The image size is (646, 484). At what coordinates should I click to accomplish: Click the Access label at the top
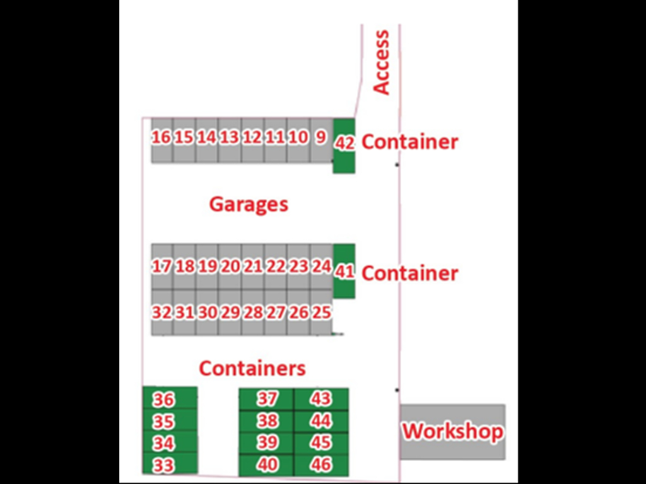(382, 62)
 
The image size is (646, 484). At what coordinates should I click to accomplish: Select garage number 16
(161, 137)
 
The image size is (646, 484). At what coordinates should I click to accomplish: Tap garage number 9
(320, 137)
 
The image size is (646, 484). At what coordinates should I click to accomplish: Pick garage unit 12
(252, 137)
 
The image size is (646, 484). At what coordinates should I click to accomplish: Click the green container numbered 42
(344, 144)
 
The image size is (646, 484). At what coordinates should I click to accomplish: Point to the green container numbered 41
(344, 272)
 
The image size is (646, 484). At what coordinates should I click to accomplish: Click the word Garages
(249, 204)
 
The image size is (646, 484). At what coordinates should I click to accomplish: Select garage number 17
(161, 267)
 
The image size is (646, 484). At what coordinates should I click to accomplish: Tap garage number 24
(321, 267)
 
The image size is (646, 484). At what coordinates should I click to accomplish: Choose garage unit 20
(230, 267)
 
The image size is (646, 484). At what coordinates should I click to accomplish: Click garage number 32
(161, 312)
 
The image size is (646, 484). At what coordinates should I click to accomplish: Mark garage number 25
(321, 312)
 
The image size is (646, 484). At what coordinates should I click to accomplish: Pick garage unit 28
(253, 312)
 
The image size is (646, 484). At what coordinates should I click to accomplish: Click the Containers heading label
(252, 368)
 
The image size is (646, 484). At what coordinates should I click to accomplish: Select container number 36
(164, 400)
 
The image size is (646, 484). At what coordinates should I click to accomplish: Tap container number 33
(164, 465)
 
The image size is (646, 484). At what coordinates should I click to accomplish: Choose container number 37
(267, 398)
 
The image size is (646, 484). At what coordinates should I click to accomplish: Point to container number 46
(321, 465)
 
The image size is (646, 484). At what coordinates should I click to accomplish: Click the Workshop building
(453, 432)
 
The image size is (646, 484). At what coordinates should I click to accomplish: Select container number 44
(321, 420)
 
